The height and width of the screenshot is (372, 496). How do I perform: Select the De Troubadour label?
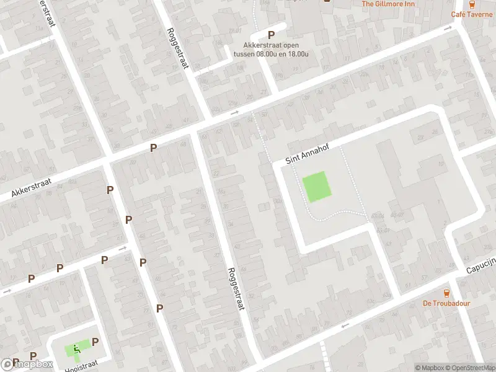click(x=446, y=303)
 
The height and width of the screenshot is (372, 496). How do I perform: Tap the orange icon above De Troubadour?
click(x=446, y=293)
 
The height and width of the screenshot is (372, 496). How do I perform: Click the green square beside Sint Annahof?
click(x=316, y=187)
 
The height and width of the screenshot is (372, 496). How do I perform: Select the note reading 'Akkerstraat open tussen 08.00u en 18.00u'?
click(x=271, y=49)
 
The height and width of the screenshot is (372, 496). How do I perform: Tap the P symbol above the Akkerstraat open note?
click(x=271, y=35)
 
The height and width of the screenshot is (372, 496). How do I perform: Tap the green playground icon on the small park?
click(x=77, y=349)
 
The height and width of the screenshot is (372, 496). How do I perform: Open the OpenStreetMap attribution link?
click(x=469, y=368)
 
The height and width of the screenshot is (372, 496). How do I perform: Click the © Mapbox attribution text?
click(x=430, y=368)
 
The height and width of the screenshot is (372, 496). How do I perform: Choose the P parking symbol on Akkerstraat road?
click(x=153, y=148)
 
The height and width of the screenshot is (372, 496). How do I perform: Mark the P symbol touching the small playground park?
click(x=95, y=342)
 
